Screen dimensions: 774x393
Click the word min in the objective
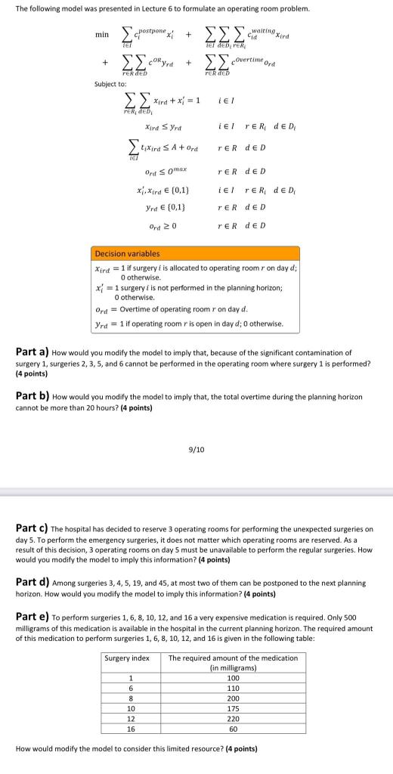point(101,35)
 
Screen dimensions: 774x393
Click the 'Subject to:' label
point(110,85)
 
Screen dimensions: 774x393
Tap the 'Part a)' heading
point(32,352)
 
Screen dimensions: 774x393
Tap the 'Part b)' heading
point(32,395)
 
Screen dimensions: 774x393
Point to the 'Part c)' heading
point(32,528)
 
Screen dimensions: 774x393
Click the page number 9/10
point(196,449)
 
